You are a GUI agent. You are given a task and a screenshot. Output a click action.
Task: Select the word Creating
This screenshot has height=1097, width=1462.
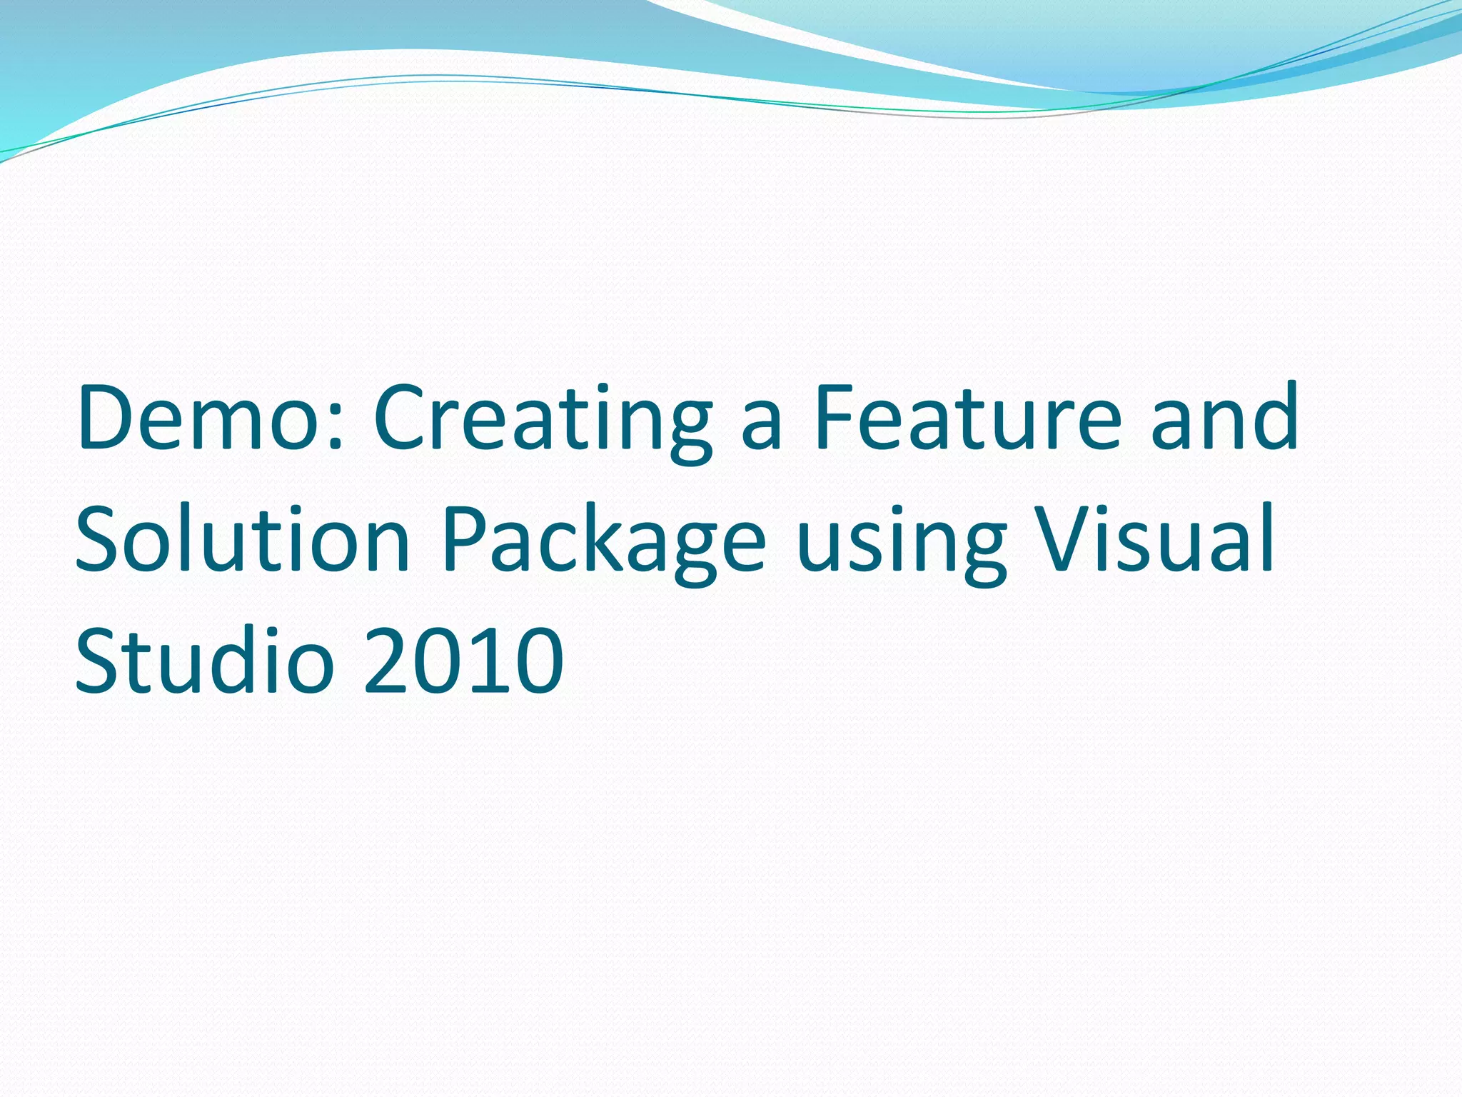click(x=543, y=421)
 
